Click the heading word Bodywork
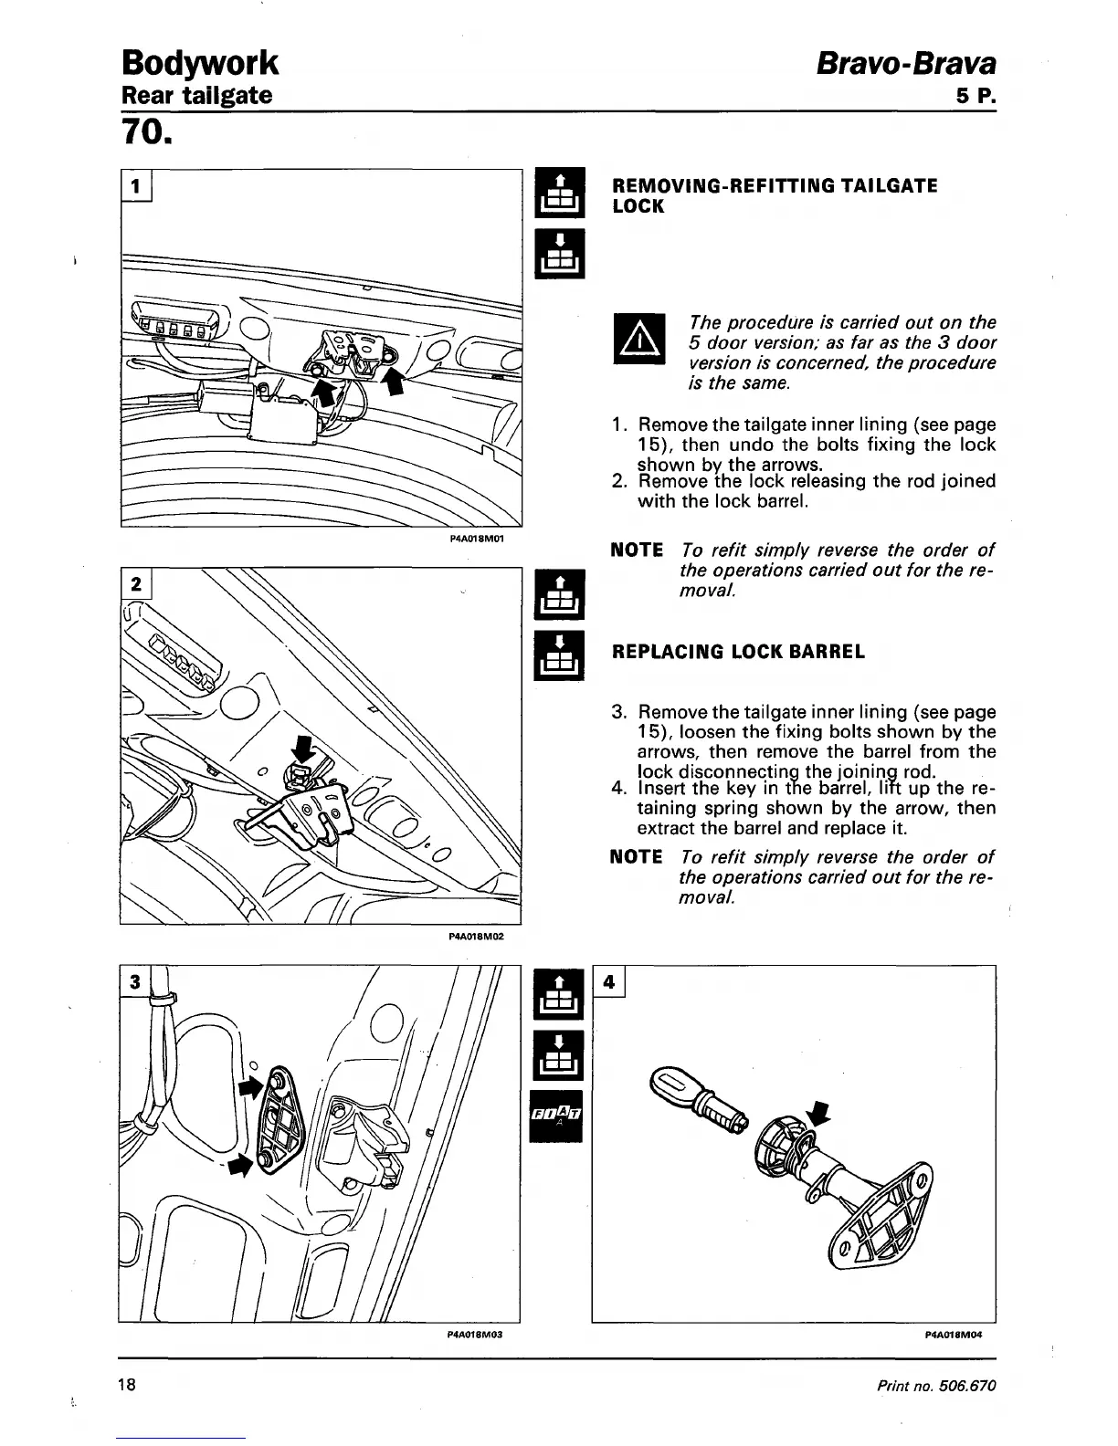199,63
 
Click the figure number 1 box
136,186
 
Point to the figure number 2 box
136,585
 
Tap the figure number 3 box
134,982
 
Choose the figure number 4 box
609,982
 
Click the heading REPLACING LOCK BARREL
738,652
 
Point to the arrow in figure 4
820,1112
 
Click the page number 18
127,1386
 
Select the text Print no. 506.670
935,1386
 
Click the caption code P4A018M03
476,1334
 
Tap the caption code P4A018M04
953,1334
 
